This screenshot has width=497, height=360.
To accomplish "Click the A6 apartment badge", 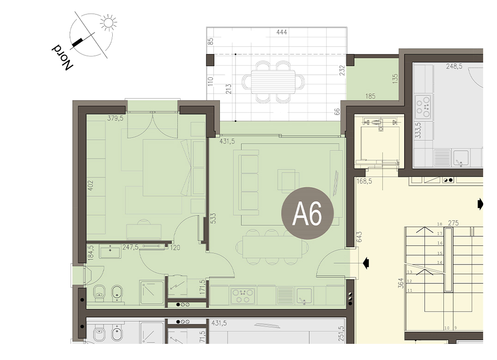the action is (x=308, y=213).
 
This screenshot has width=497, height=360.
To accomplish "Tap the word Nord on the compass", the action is (x=62, y=56).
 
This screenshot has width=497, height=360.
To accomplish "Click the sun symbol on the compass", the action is (x=109, y=23).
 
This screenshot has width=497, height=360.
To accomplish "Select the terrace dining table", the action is (x=273, y=82).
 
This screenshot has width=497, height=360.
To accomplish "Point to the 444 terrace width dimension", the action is (x=281, y=32).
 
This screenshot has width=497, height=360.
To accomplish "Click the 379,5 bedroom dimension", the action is (x=115, y=119).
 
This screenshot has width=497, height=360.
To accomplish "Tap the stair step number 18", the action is (x=440, y=224).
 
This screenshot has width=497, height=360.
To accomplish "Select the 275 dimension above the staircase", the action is (x=453, y=223).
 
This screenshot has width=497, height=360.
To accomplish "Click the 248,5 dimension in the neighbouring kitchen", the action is (x=454, y=66).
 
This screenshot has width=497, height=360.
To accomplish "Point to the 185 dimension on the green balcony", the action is (x=370, y=96).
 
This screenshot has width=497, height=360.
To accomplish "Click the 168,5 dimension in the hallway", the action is (x=364, y=181).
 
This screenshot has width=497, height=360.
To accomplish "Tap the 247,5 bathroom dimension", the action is (x=130, y=247).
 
